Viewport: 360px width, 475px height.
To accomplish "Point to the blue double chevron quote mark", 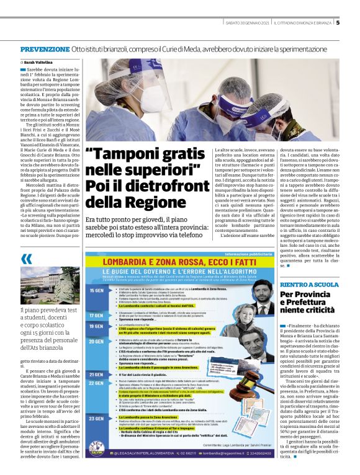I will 26,259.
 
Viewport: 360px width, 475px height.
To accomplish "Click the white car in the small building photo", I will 30,298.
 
